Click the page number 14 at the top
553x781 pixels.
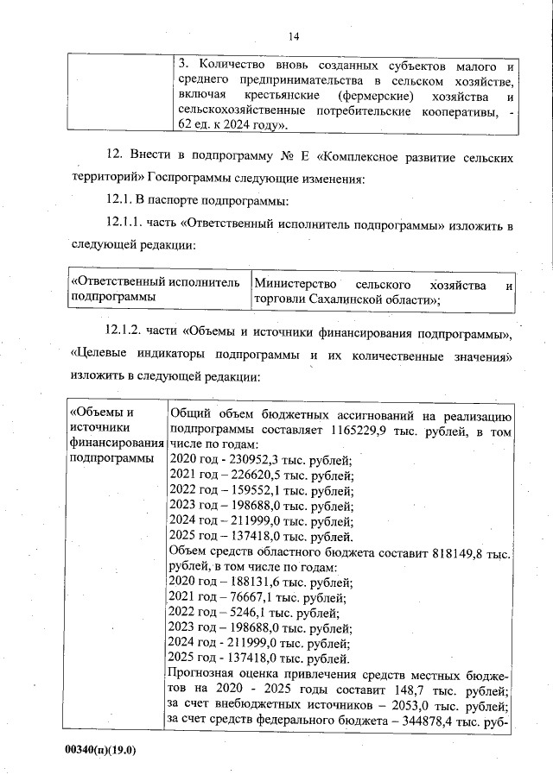(293, 36)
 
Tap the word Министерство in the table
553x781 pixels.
(293, 285)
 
